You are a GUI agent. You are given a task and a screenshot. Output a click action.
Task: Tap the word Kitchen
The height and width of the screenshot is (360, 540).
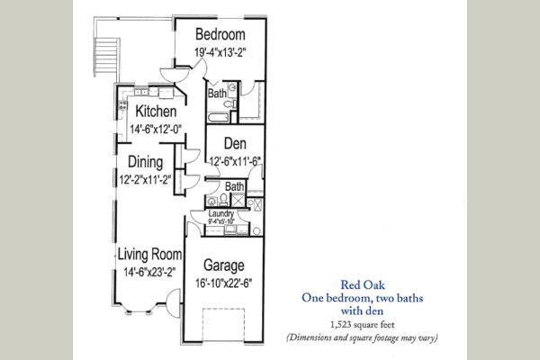(x=162, y=114)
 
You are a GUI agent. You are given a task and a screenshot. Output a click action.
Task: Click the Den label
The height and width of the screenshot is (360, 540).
(x=235, y=144)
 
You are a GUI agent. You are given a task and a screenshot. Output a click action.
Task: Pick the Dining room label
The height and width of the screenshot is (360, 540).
(x=144, y=163)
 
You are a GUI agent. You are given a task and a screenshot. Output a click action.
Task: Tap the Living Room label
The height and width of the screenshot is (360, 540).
(x=149, y=255)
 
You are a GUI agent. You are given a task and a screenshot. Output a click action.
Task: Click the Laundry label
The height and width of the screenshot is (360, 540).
(x=220, y=213)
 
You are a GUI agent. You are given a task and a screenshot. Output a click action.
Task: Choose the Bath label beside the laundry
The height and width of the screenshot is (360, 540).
(x=234, y=187)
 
